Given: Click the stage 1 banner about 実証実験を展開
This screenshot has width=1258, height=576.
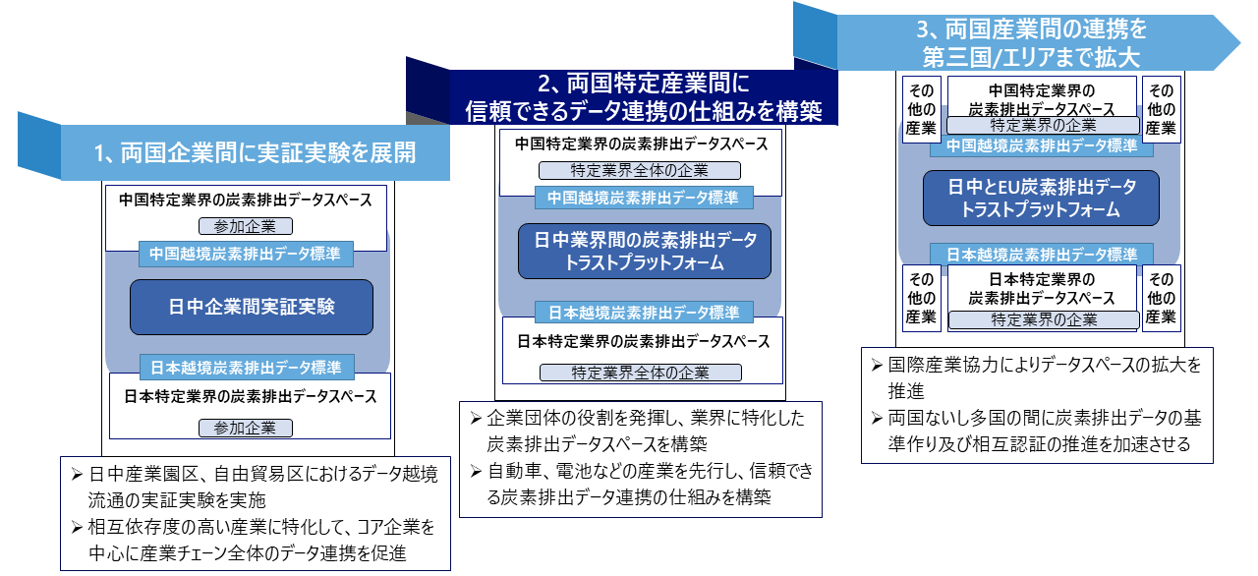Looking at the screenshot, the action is pos(255,152).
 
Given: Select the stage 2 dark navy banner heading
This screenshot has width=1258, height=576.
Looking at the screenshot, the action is pos(643,97).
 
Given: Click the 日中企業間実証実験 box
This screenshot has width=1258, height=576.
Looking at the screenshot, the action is pos(252,307).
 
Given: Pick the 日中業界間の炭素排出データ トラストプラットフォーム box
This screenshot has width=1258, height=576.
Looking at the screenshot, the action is pos(644,251).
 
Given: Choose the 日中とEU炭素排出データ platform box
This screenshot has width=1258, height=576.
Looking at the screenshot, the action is pos(1041,199).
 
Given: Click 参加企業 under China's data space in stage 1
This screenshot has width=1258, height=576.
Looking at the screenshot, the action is pos(246,226).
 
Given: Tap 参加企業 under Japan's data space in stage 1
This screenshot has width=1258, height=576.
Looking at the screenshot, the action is pos(246,428).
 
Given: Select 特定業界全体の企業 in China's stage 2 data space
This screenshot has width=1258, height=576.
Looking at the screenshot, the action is pos(640,170).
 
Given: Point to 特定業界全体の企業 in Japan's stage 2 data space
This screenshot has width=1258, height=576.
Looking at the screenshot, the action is pos(641,373).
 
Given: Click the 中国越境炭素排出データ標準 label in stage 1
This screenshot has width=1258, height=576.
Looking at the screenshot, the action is pos(246,254).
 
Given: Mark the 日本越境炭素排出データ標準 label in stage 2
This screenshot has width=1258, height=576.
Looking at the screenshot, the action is pos(644,313).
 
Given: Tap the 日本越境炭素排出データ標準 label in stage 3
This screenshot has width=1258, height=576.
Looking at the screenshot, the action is pos(1042,255).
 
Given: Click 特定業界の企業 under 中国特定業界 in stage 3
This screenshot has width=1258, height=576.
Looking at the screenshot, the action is pos(1043,125).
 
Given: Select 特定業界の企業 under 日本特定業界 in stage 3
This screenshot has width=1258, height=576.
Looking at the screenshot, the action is pos(1044,320).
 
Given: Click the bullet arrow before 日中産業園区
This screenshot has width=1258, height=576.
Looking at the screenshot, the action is pos(78,475).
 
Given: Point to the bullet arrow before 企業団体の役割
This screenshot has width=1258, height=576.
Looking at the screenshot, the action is pos(477,419).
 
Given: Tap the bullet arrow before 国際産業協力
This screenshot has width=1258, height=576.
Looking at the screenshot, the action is pos(878,366).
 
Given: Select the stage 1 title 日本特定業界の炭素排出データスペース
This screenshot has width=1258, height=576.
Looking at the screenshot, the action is pos(251,397).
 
